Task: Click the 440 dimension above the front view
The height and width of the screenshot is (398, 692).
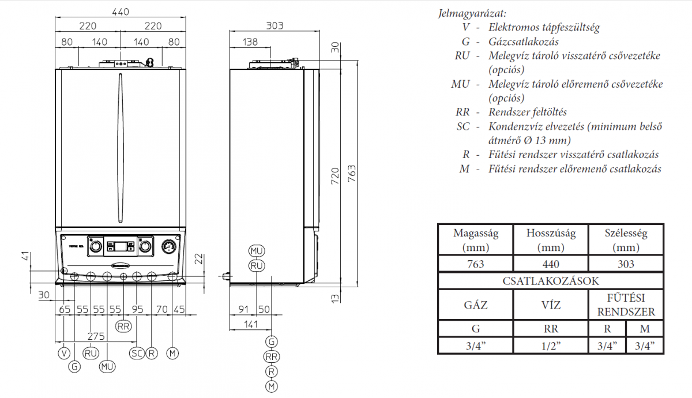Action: [x=121, y=11]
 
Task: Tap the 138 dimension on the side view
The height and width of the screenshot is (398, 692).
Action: [x=250, y=42]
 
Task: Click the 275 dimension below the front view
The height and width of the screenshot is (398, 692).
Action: [x=96, y=336]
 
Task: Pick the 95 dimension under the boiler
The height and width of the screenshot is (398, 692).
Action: [x=137, y=309]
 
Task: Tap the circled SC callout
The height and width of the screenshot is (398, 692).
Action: [x=137, y=352]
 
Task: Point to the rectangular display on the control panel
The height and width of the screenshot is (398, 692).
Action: [x=121, y=247]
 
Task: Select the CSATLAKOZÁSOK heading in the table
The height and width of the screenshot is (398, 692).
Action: [x=550, y=281]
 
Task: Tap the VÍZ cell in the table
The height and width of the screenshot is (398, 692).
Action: [x=550, y=305]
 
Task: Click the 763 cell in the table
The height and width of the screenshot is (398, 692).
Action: [x=475, y=264]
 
